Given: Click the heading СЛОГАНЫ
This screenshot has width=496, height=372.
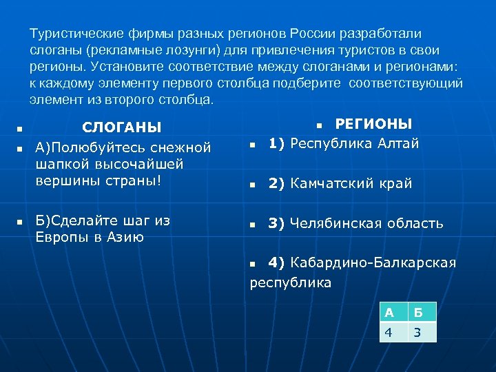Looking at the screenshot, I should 122,127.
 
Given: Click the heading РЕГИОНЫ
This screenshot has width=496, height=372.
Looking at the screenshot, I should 373,124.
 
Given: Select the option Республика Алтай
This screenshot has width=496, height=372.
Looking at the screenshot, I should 354,143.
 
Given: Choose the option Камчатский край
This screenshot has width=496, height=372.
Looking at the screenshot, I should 351,183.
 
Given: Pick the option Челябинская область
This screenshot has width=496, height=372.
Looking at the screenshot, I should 366,223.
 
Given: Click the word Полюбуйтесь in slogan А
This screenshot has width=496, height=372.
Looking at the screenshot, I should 98,147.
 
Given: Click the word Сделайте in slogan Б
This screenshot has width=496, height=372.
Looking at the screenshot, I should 87,220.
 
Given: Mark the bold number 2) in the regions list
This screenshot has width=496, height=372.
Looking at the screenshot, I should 277,183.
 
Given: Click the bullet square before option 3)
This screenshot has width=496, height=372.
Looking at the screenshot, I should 253,225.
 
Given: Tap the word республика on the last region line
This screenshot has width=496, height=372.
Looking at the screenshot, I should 290,282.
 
